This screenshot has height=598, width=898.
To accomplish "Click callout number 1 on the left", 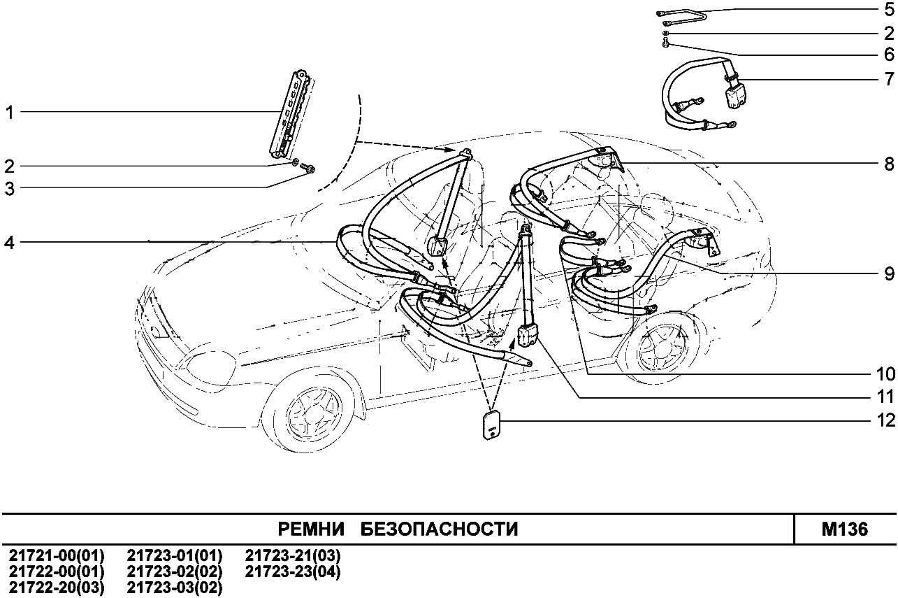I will pos(10,112).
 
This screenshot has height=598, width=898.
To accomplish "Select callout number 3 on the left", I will pos(10,188).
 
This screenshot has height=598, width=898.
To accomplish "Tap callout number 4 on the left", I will pos(10,243).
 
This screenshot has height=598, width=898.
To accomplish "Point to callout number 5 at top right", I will pos(888,10).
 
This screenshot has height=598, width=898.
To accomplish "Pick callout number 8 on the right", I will pos(888,164).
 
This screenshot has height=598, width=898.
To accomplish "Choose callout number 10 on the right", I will pos(884,373).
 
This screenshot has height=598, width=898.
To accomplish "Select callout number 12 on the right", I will pos(884,421).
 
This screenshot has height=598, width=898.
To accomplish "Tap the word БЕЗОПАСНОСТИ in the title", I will pos(439,529).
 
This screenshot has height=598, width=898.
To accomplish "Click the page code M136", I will pos(845,529).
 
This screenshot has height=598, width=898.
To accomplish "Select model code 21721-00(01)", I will pos(56,556).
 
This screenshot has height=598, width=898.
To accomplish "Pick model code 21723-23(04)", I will pos(293,572).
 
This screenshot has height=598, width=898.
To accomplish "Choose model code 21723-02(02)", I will pos(175,572).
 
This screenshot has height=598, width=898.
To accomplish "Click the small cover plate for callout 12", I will pos(492,426).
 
